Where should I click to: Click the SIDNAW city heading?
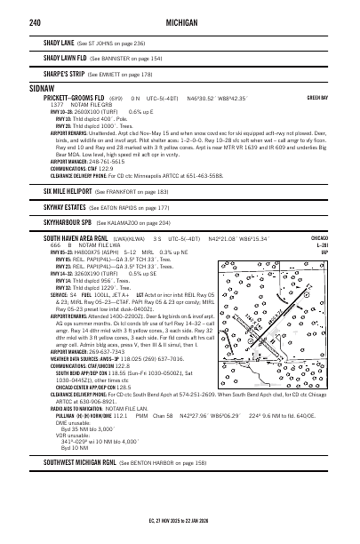tap(42, 90)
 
